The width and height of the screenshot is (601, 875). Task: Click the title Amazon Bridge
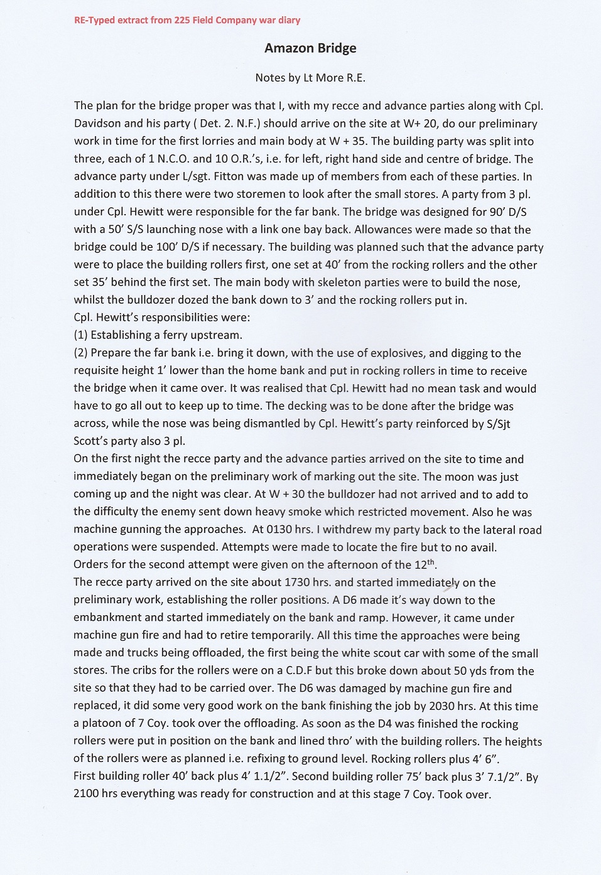click(310, 48)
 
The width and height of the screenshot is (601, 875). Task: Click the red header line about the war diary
click(187, 20)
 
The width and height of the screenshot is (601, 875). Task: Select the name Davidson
click(97, 124)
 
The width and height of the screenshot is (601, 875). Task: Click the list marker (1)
click(80, 335)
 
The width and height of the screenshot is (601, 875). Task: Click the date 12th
click(425, 564)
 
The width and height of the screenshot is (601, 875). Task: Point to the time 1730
click(301, 582)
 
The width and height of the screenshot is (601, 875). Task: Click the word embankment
click(107, 618)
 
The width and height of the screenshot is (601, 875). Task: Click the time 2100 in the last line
click(87, 794)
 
